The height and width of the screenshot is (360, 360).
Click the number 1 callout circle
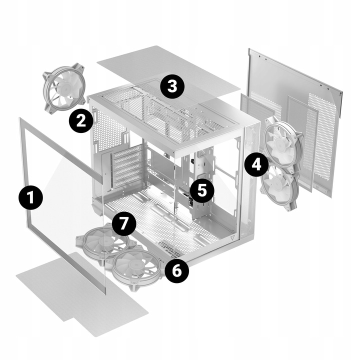click(31, 197)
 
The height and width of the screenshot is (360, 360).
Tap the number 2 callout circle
click(81, 121)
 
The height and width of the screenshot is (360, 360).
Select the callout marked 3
click(172, 87)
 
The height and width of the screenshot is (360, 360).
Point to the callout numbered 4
click(256, 164)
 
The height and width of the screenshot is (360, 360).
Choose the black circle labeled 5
click(202, 190)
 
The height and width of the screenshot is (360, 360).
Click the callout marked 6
click(177, 270)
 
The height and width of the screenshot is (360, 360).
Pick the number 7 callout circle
click(124, 223)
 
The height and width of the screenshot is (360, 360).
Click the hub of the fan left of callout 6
click(134, 266)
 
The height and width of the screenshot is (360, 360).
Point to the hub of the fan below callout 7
click(104, 241)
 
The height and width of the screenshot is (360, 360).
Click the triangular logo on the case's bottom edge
click(232, 237)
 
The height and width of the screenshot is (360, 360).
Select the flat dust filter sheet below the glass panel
click(82, 294)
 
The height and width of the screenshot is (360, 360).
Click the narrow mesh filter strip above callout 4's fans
click(257, 108)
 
